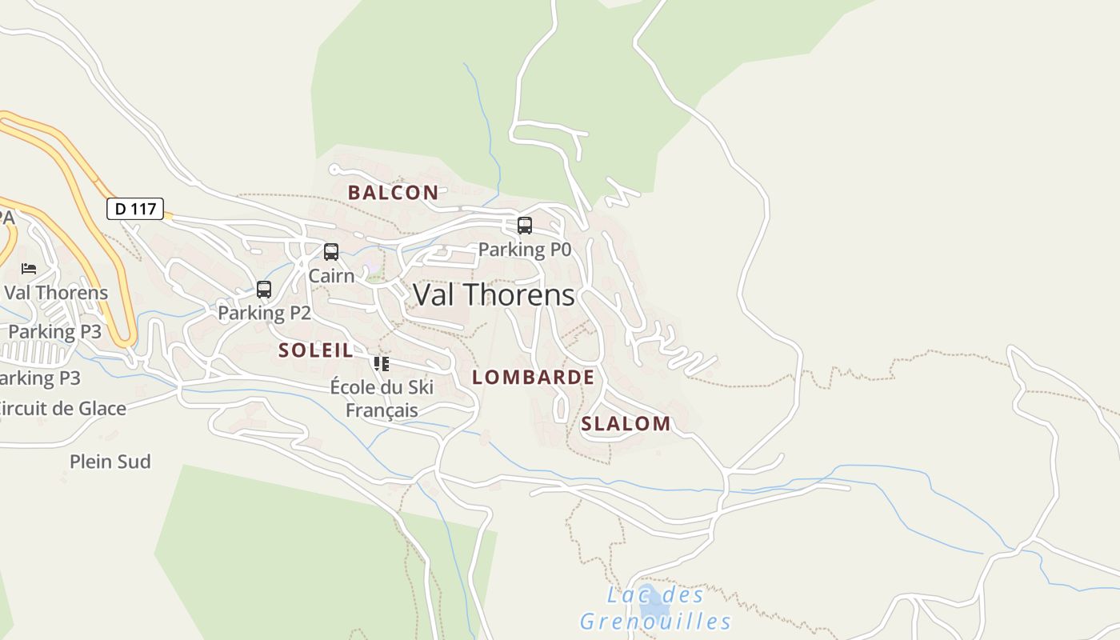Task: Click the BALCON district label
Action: click(x=393, y=192)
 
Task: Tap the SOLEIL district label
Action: click(x=315, y=350)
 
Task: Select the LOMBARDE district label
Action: click(x=533, y=377)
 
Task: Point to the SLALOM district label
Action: click(x=626, y=423)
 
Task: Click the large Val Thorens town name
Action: click(x=494, y=295)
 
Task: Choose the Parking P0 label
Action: click(x=525, y=250)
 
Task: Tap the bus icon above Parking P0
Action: click(x=525, y=226)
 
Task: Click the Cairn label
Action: click(x=331, y=276)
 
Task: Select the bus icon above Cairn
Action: click(x=331, y=252)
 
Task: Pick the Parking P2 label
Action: click(x=264, y=313)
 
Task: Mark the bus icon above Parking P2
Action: click(x=264, y=290)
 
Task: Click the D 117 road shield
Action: click(x=135, y=209)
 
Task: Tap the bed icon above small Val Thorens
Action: click(x=29, y=269)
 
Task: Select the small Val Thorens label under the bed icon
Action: click(x=56, y=292)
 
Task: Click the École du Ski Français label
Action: click(x=382, y=398)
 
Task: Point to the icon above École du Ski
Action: click(x=382, y=364)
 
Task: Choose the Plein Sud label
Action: click(x=110, y=462)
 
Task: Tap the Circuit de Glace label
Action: click(x=62, y=408)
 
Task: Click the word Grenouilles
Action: click(x=655, y=622)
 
